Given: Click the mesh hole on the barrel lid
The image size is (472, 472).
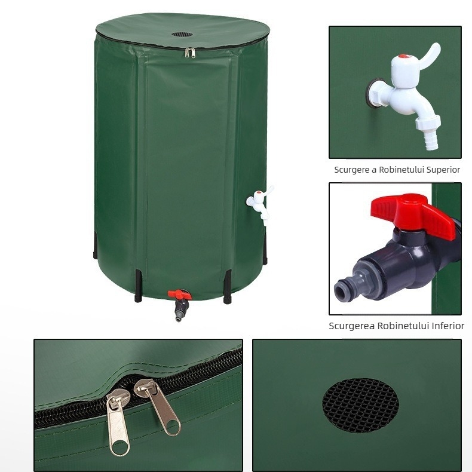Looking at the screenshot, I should tap(183, 34).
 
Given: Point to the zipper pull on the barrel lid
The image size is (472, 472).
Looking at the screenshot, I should tap(191, 53).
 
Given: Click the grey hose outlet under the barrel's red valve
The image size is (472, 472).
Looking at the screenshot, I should tap(179, 311).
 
